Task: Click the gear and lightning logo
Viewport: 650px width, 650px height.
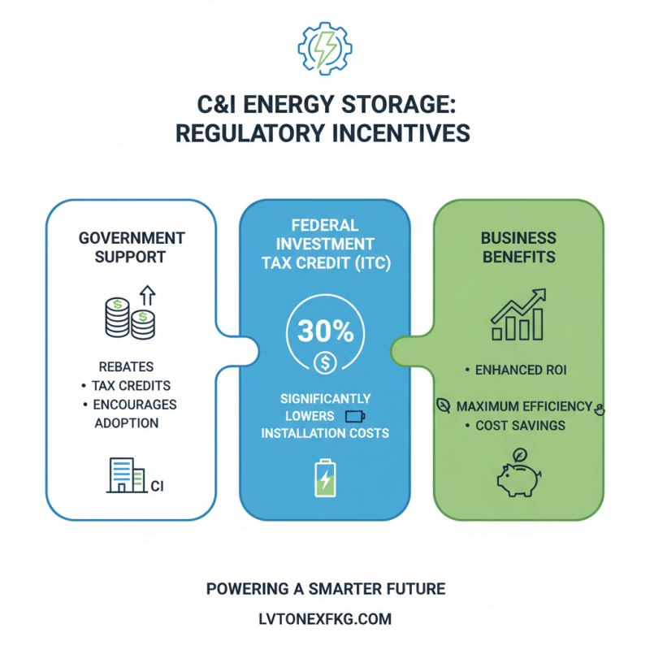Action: [325, 48]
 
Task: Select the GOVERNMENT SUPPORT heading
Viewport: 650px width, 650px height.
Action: [132, 247]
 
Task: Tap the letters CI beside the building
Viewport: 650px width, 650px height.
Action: [158, 486]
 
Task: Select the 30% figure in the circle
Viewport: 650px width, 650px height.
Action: [324, 331]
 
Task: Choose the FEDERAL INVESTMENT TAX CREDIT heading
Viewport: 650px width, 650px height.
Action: [324, 244]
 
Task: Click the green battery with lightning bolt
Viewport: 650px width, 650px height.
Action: [324, 478]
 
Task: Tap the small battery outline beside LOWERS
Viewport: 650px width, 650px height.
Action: [356, 417]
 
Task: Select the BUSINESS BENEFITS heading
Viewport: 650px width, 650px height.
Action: [518, 247]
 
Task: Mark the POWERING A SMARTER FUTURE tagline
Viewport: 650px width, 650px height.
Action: [325, 587]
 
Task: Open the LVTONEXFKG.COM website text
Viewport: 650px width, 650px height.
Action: [325, 619]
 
